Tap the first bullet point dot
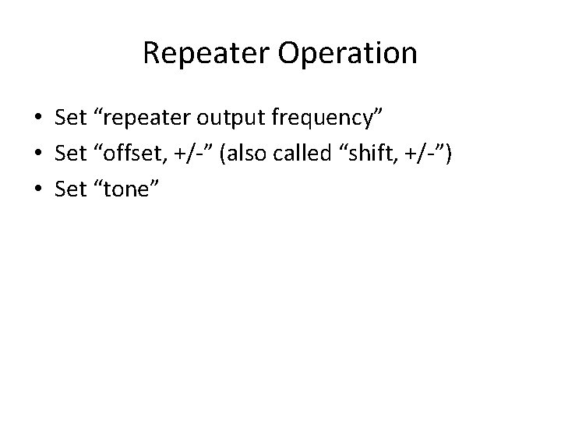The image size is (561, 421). click(x=37, y=119)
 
